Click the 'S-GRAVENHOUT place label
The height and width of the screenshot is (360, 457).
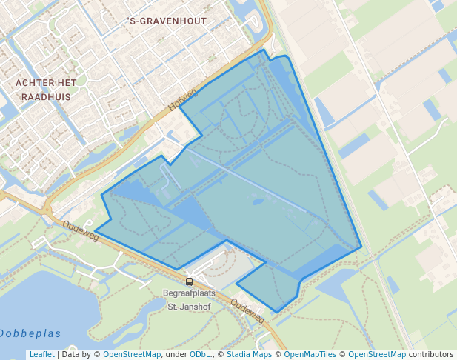click(167, 21)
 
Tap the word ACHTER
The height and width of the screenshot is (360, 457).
click(36, 83)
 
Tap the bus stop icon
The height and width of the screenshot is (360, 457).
click(190, 281)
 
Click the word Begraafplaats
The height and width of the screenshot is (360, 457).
click(191, 293)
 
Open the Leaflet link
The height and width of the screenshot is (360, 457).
click(41, 354)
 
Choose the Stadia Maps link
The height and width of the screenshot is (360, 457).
click(249, 354)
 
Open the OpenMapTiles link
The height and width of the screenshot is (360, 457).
click(310, 354)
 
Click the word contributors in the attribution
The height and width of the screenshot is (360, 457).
click(431, 354)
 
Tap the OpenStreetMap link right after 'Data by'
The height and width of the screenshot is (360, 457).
click(131, 354)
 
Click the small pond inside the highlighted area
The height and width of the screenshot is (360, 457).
click(258, 200)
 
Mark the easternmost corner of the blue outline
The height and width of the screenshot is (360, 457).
click(361, 247)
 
